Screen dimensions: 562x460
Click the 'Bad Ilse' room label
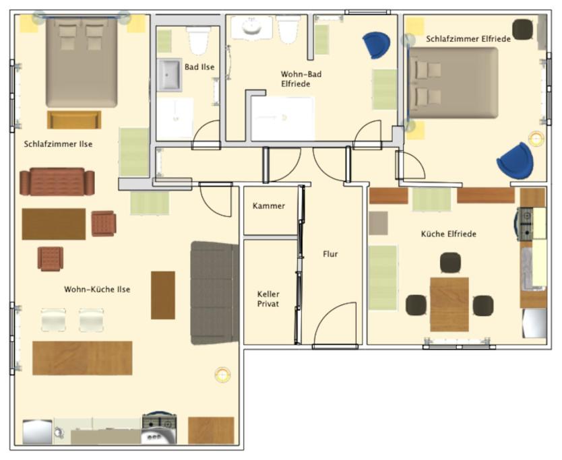pos(199,67)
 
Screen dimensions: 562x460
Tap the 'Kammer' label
pos(269,206)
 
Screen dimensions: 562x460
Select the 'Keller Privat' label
pos(268,299)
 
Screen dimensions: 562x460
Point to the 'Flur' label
pos(330,254)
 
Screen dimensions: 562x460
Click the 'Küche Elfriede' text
pos(448,234)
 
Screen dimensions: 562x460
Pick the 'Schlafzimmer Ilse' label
pos(58,144)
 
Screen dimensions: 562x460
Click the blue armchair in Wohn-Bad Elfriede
pos(376,45)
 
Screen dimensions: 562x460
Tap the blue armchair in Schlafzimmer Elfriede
pos(515,160)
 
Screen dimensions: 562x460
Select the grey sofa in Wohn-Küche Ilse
pos(214,293)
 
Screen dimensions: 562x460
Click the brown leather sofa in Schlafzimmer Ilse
pos(57,182)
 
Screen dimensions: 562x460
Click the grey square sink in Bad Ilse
pos(169,75)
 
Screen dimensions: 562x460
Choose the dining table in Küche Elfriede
pos(449,304)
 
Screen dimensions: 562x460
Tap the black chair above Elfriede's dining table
pos(450,263)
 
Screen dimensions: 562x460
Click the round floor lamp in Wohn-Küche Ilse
pos(222,374)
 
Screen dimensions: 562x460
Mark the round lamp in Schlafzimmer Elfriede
pos(536,139)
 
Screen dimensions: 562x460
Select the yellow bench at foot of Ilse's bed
pos(74,120)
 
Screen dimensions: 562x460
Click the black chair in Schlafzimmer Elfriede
pos(522,30)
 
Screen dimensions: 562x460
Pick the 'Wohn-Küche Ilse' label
pos(97,290)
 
